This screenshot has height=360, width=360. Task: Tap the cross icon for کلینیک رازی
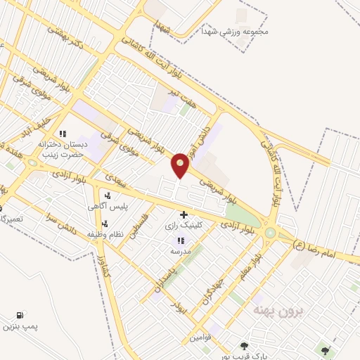(184, 214)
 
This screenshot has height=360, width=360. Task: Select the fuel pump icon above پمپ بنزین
(19, 315)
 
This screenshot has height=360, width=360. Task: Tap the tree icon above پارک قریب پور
(243, 346)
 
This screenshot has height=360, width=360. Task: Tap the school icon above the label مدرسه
(172, 240)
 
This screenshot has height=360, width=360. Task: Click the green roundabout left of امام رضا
(270, 233)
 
